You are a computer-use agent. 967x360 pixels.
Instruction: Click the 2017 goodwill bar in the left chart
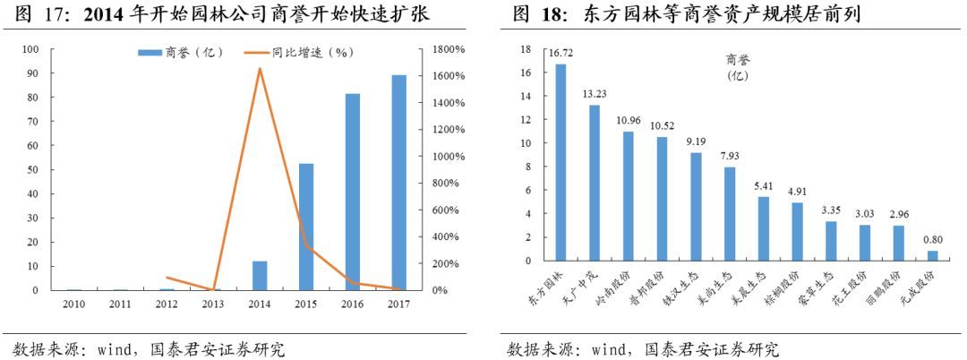point(398,183)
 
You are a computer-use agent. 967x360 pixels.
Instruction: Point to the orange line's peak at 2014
point(260,69)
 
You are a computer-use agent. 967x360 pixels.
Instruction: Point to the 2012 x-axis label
point(167,304)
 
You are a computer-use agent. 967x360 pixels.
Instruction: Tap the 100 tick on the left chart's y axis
point(32,49)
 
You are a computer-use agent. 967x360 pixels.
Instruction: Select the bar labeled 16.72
point(561,162)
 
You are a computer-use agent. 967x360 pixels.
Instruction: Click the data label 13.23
point(595,93)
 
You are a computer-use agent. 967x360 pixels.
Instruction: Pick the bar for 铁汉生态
point(696,207)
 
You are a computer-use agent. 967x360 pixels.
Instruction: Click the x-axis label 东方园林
point(542,285)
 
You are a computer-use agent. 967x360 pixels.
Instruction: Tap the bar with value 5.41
point(764,228)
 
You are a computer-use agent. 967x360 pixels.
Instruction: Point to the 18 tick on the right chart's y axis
point(526,49)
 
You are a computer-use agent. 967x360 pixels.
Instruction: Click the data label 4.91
point(797,191)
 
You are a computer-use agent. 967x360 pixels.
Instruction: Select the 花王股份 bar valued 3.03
point(865,243)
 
